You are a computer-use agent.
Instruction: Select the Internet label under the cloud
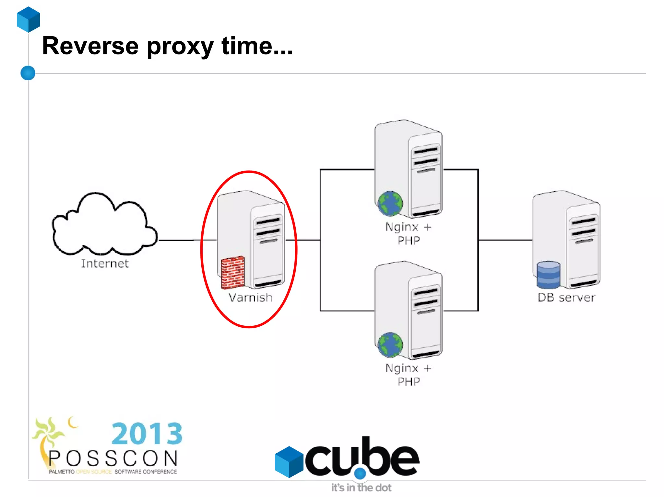coord(105,264)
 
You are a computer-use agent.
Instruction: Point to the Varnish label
coord(250,298)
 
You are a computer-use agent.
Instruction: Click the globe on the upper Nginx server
coord(390,204)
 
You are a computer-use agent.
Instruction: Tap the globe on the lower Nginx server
coord(390,345)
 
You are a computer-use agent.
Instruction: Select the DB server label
coord(566,298)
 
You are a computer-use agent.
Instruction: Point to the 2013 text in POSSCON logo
coord(147,434)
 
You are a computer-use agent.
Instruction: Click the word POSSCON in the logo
coord(113,458)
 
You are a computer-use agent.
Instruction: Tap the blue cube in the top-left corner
coord(29,19)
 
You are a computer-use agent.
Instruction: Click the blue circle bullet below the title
coord(28,73)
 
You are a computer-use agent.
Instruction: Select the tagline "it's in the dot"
coord(361,488)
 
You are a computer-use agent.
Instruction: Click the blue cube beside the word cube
coord(289,462)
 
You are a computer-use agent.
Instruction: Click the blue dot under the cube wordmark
coord(360,474)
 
